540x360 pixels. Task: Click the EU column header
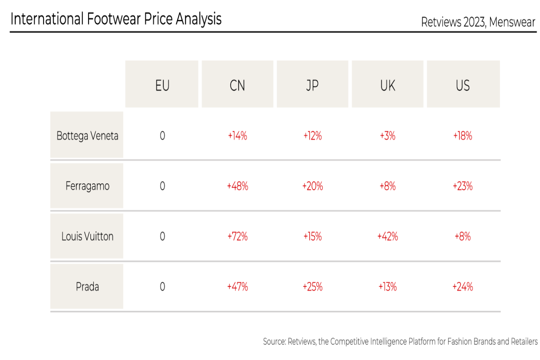[x=162, y=85]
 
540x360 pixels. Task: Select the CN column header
[x=238, y=85]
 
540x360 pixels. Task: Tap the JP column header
[x=312, y=85]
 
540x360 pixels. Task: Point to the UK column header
[x=387, y=85]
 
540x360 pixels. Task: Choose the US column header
[x=463, y=85]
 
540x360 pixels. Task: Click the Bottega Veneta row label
[x=87, y=136]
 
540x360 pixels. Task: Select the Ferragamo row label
[x=87, y=186]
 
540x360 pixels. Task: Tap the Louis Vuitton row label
[x=87, y=236]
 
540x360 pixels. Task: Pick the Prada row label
[x=87, y=287]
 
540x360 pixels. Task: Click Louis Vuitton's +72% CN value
[x=238, y=236]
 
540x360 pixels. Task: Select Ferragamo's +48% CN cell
[x=238, y=186]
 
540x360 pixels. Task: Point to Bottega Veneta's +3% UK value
[x=387, y=136]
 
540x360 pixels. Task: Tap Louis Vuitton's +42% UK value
[x=387, y=236]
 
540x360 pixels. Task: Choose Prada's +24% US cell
[x=463, y=287]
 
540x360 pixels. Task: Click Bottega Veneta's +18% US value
[x=463, y=136]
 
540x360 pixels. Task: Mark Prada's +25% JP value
[x=312, y=287]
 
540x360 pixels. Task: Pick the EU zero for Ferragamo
[x=162, y=186]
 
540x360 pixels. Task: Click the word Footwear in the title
[x=114, y=19]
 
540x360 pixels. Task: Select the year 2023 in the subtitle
[x=474, y=22]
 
